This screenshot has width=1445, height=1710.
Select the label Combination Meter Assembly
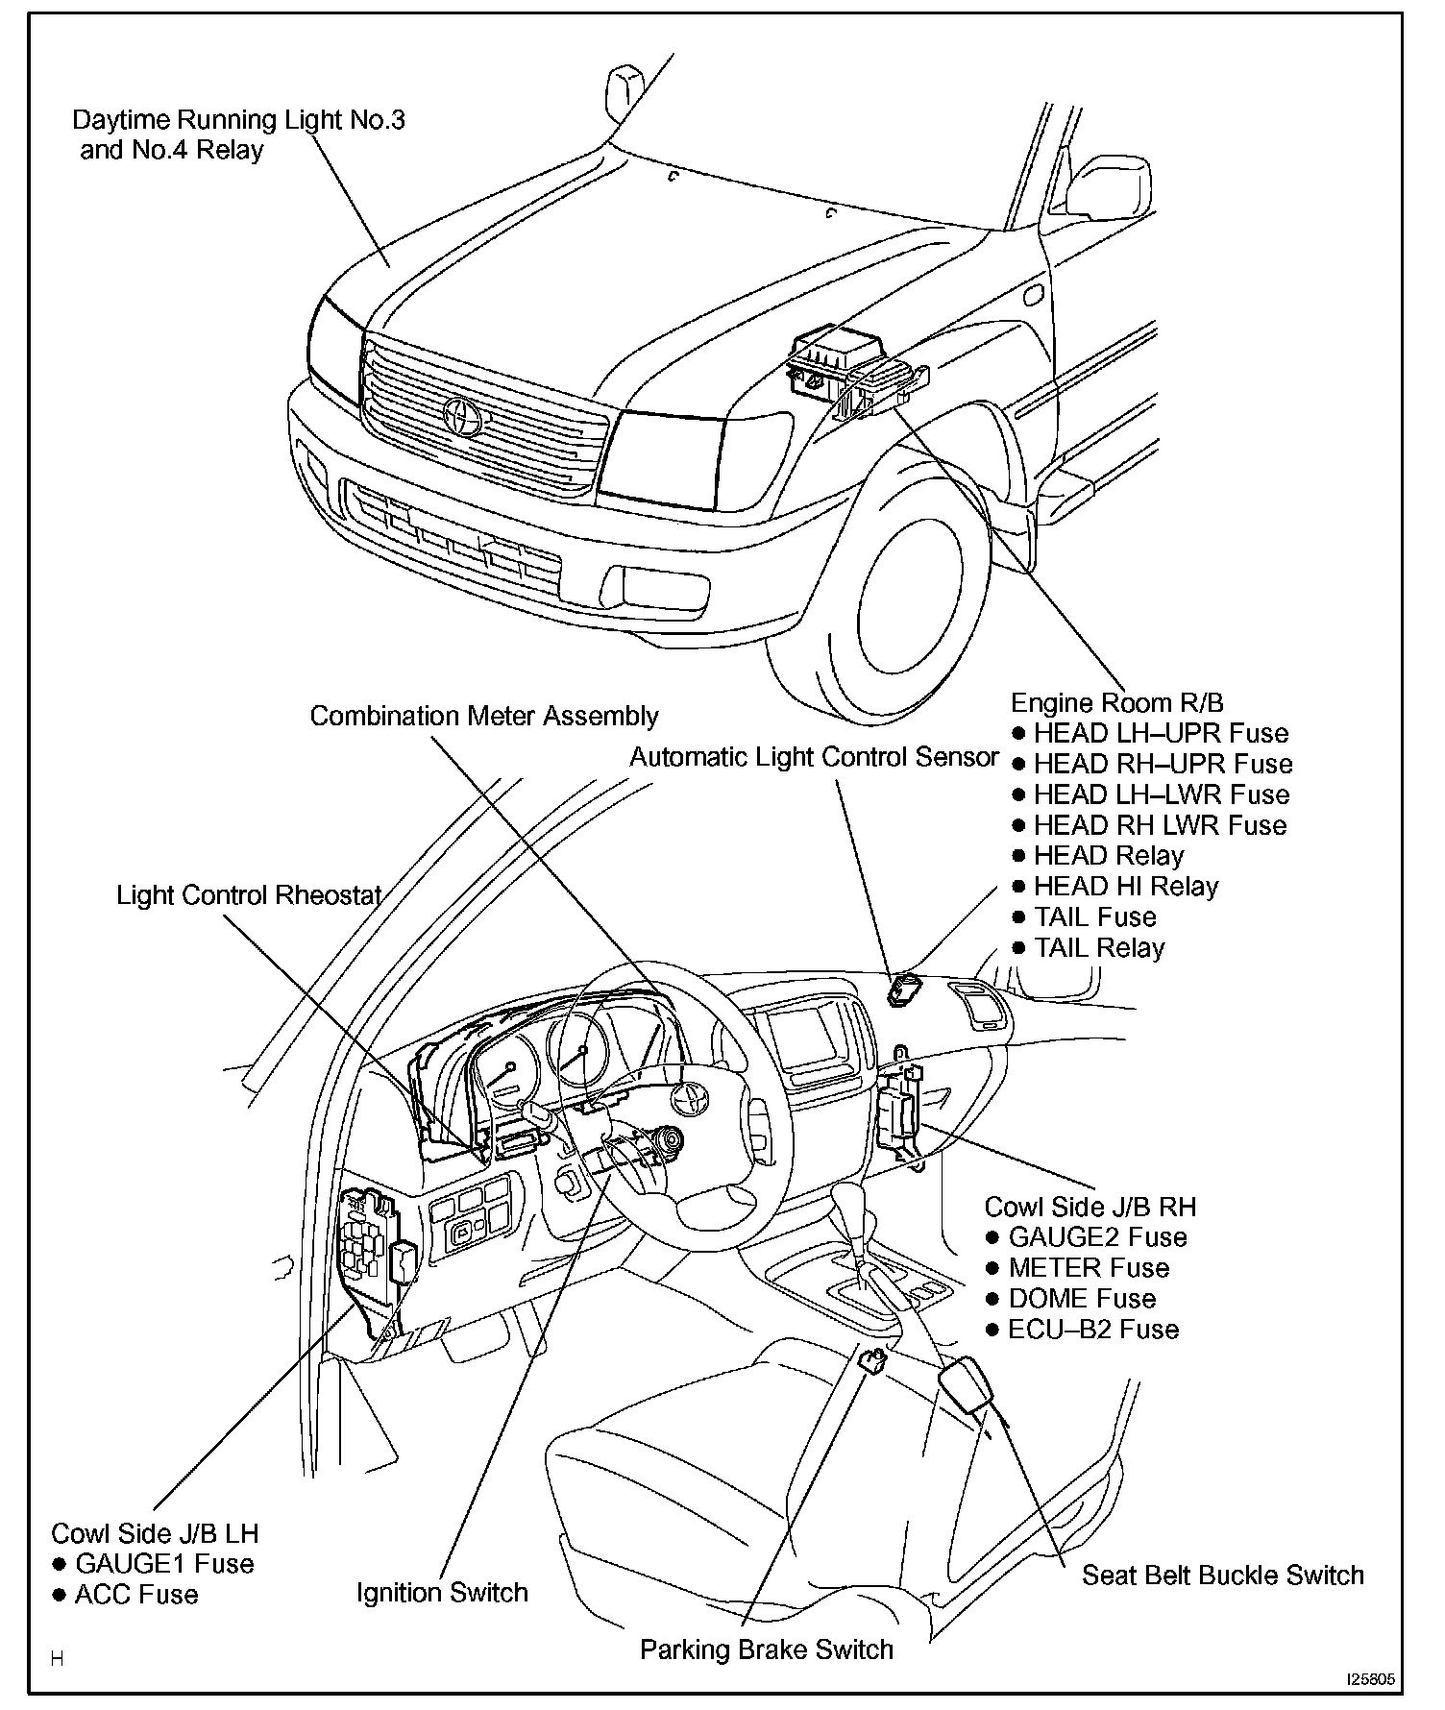click(x=484, y=717)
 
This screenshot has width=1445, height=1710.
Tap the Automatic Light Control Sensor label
click(x=814, y=758)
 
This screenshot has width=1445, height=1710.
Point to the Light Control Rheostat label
click(x=249, y=895)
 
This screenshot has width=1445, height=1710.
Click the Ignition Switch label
click(x=442, y=1593)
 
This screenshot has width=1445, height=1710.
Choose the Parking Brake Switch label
click(x=766, y=1649)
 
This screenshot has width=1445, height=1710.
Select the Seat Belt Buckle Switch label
click(x=1222, y=1575)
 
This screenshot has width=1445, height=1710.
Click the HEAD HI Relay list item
click(x=1125, y=887)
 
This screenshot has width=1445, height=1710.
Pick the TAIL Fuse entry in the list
click(x=1094, y=917)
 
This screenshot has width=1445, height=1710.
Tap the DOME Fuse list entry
click(x=1081, y=1299)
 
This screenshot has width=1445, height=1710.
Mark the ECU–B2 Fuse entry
click(x=1092, y=1330)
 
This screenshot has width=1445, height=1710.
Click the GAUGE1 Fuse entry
click(x=163, y=1564)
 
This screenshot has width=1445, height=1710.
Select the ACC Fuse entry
click(x=135, y=1595)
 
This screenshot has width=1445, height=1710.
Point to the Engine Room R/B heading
click(x=1117, y=703)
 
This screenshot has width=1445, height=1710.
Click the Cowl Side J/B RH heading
click(x=1090, y=1207)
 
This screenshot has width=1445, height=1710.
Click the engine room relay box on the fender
click(x=845, y=370)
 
